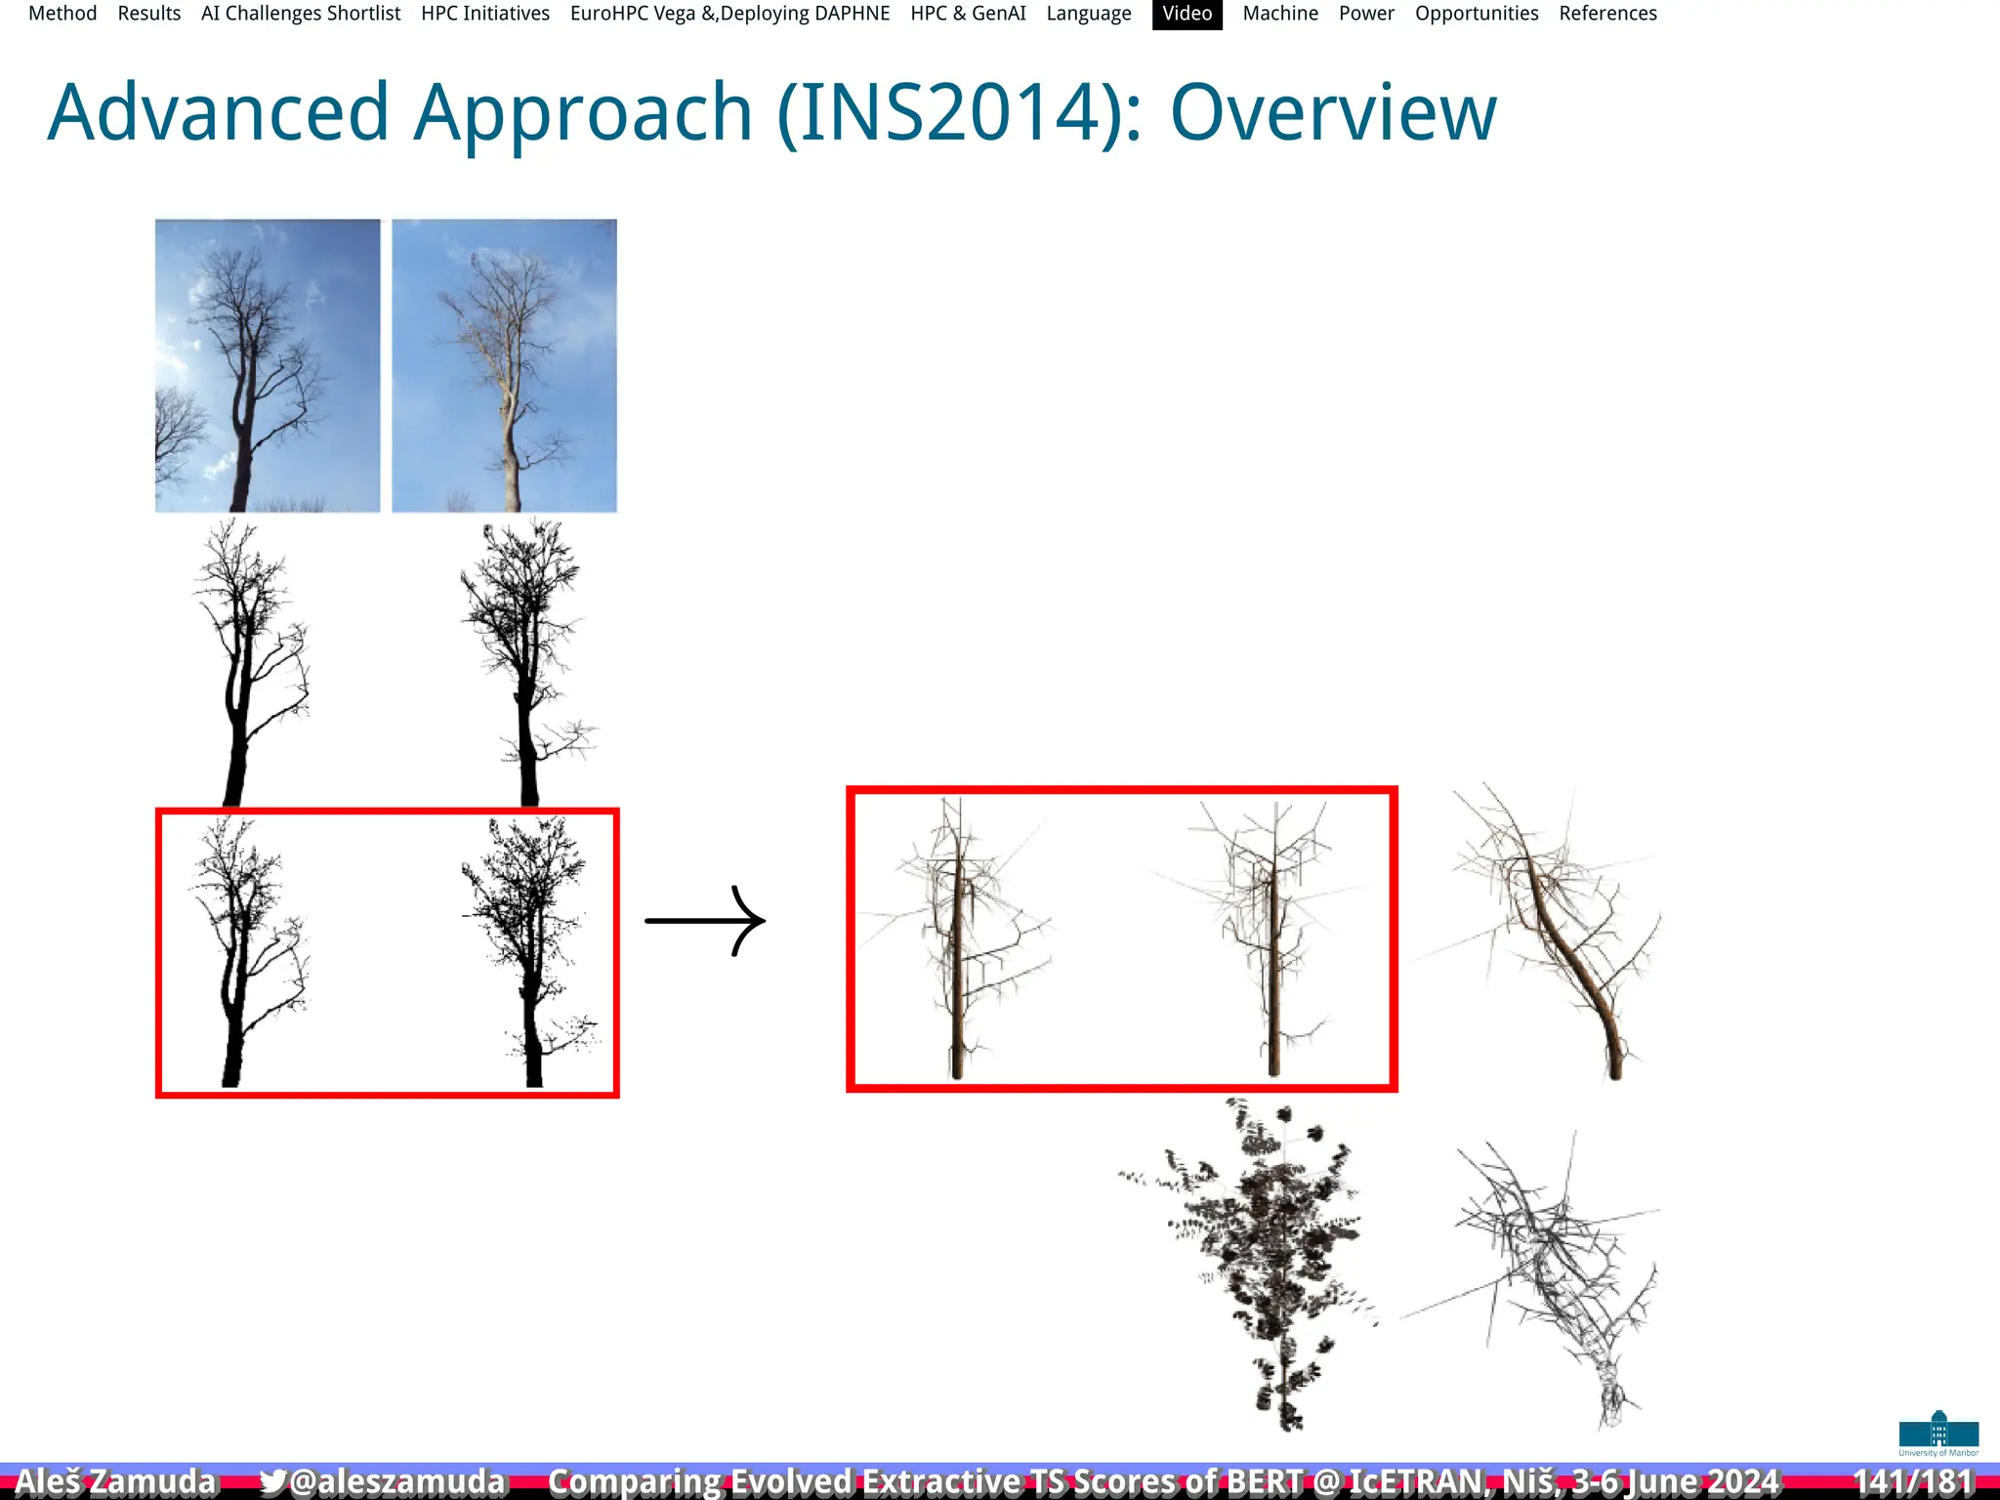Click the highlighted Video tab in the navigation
[1187, 14]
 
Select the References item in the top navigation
[1607, 14]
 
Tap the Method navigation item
[62, 14]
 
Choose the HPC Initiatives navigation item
[485, 14]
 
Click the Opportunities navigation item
[1476, 14]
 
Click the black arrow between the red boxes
[705, 920]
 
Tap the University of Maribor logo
[1938, 1434]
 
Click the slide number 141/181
[1912, 1481]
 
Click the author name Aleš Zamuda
[115, 1481]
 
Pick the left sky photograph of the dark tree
[268, 365]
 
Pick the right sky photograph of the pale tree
[504, 365]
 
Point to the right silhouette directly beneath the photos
[527, 664]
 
